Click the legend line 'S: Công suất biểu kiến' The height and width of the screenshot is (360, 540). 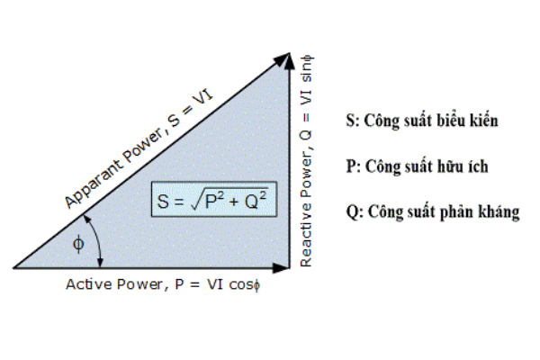[421, 120]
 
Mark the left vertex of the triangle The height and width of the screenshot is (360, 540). [14, 268]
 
